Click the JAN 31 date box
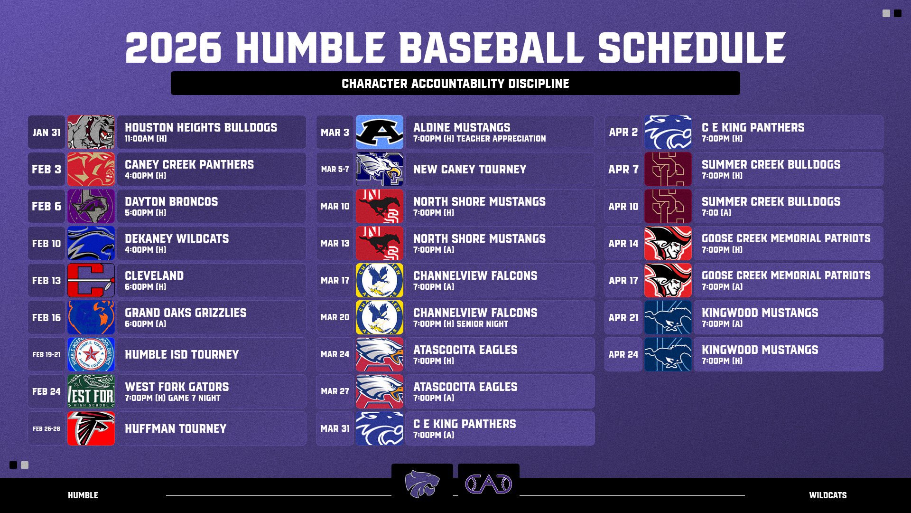(46, 132)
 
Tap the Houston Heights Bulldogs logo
(91, 132)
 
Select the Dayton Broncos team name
(171, 201)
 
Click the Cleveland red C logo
(91, 280)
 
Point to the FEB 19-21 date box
(46, 354)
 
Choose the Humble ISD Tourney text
(182, 354)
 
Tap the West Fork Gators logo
(91, 391)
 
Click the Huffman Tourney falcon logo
(91, 428)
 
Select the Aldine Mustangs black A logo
(380, 132)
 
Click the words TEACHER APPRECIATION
(501, 139)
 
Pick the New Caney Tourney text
(470, 169)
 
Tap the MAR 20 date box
(335, 317)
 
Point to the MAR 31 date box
(335, 428)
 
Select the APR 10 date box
(623, 206)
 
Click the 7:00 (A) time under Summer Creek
(716, 213)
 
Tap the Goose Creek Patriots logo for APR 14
(668, 243)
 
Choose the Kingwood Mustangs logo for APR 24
(668, 354)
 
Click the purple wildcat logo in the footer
(422, 484)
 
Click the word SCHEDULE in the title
(692, 47)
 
